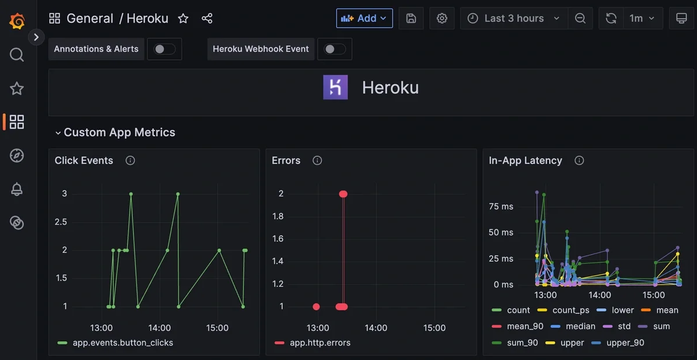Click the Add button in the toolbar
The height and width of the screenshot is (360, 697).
click(x=364, y=18)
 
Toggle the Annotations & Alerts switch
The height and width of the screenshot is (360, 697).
click(x=164, y=49)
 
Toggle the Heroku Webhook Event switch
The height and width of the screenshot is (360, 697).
click(x=335, y=49)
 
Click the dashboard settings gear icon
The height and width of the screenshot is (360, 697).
click(x=442, y=18)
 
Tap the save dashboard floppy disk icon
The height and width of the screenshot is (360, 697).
click(x=411, y=18)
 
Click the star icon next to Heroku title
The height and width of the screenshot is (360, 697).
click(x=183, y=19)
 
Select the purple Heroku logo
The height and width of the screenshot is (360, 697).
click(x=335, y=88)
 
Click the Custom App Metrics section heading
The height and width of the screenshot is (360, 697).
click(x=119, y=132)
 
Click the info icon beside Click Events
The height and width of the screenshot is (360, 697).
click(x=130, y=160)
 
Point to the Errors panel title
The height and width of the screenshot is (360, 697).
click(x=286, y=160)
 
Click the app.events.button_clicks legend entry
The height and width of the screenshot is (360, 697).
click(x=123, y=343)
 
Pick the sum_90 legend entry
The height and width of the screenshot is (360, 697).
click(x=522, y=343)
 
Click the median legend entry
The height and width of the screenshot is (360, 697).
click(x=580, y=326)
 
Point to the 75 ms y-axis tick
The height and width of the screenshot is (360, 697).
click(x=501, y=207)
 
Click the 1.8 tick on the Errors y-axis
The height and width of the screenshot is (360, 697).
click(x=278, y=216)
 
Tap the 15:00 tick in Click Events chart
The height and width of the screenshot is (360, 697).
click(x=217, y=328)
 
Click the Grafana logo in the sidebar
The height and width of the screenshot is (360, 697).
click(x=17, y=21)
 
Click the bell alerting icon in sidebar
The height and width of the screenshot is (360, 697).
click(x=17, y=189)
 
